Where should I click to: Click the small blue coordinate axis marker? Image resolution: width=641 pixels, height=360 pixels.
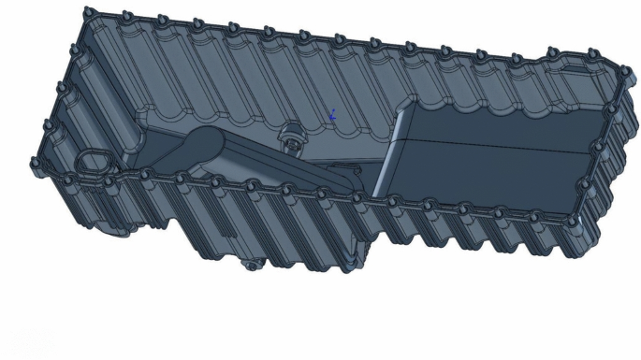(x=332, y=116)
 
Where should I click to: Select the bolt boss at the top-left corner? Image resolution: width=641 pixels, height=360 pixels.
(x=87, y=11)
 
